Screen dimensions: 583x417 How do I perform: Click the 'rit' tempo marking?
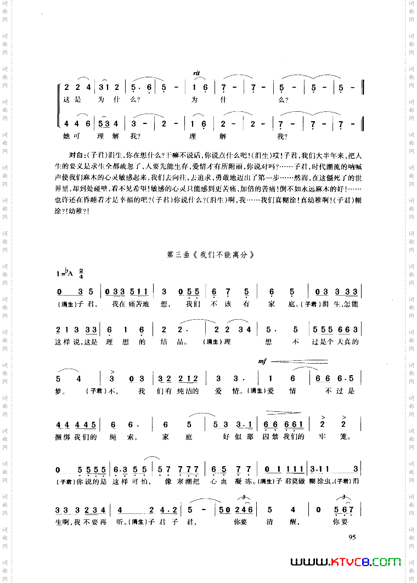(196, 72)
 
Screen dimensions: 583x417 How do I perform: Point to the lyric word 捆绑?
(64, 437)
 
